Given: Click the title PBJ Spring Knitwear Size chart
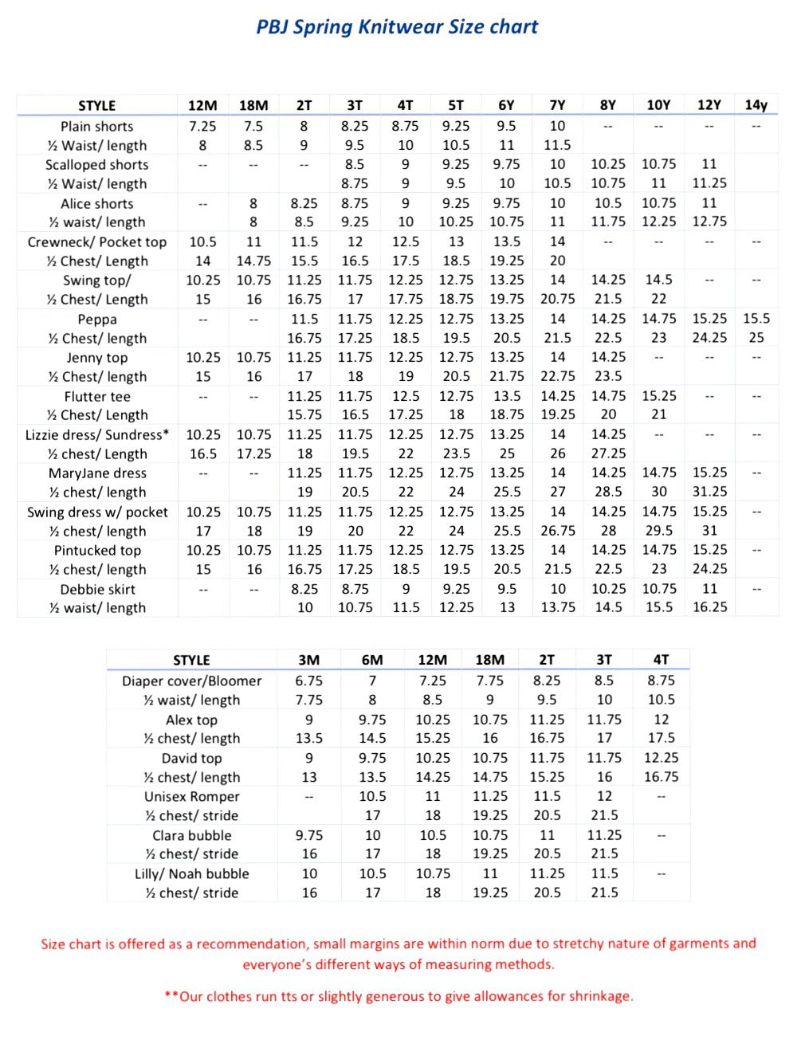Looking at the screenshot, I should click(397, 27).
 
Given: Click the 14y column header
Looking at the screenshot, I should click(756, 105).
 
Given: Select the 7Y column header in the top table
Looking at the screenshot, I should click(557, 105).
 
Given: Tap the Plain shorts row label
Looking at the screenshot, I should click(97, 126).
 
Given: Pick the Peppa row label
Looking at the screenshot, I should click(97, 319).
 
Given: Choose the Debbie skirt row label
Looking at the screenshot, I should click(97, 589).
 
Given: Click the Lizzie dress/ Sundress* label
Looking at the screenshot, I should click(97, 434).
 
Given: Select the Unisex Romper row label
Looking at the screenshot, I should click(191, 796).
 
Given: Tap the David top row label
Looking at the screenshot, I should click(191, 758).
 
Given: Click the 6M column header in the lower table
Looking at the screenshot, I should click(372, 660).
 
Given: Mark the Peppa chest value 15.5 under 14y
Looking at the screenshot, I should click(756, 318).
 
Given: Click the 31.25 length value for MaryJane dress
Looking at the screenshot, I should click(709, 492).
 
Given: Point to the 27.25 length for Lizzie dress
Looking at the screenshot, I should click(608, 453).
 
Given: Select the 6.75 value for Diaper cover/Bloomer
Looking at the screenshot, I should click(309, 681).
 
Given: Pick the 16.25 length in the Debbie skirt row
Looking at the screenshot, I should click(709, 607).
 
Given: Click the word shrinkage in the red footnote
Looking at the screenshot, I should click(597, 996).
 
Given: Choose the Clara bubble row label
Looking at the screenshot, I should click(191, 835).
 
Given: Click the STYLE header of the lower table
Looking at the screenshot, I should click(191, 660).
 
